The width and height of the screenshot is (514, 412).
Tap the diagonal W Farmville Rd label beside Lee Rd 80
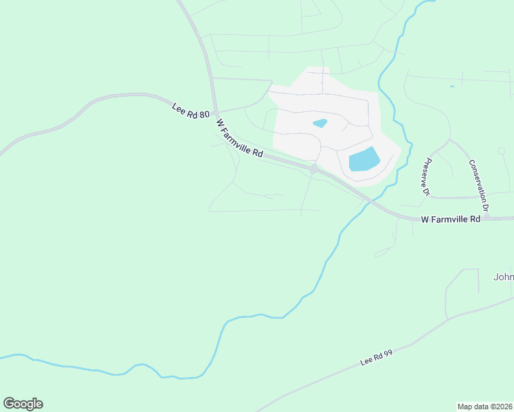pyautogui.click(x=240, y=139)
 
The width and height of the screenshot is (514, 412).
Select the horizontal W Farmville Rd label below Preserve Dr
pyautogui.click(x=450, y=220)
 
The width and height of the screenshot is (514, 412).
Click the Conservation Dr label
pyautogui.click(x=479, y=185)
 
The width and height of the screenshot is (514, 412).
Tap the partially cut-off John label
pyautogui.click(x=504, y=277)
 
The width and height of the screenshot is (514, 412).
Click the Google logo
pyautogui.click(x=23, y=404)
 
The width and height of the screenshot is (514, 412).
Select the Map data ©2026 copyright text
pyautogui.click(x=485, y=406)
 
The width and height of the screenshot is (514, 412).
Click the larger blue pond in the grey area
pyautogui.click(x=364, y=159)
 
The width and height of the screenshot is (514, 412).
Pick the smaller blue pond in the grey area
pyautogui.click(x=320, y=124)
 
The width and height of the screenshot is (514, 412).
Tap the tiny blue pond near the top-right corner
pyautogui.click(x=451, y=87)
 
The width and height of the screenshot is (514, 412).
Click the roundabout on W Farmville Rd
pyautogui.click(x=313, y=169)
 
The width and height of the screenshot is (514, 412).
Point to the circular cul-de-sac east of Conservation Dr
pyautogui.click(x=501, y=150)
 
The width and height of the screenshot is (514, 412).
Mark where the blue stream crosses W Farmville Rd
pyautogui.click(x=370, y=201)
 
